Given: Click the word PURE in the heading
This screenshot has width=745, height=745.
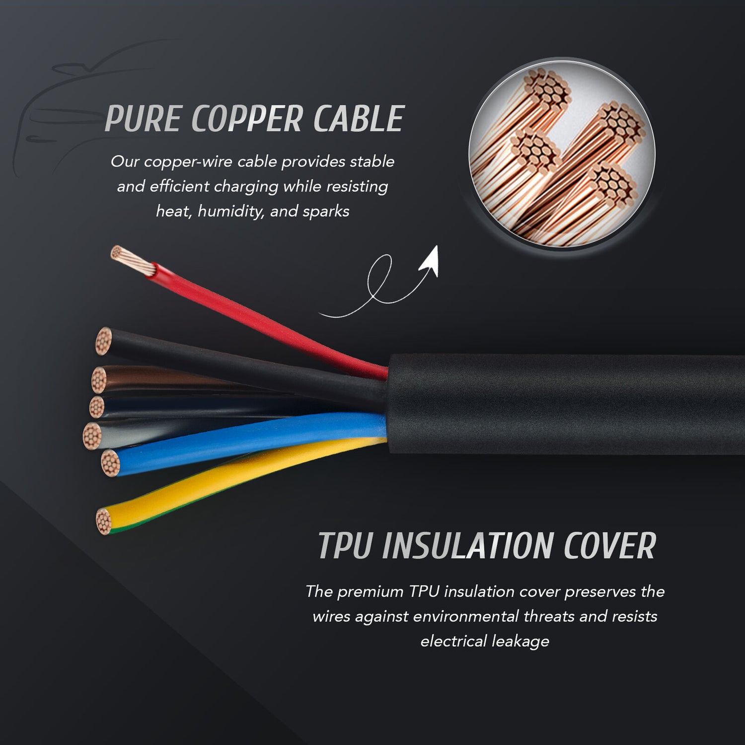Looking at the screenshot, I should pyautogui.click(x=143, y=119).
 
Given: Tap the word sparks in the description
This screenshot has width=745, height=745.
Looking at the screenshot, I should pyautogui.click(x=326, y=212).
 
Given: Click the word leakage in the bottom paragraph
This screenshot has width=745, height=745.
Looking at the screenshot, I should pyautogui.click(x=521, y=641).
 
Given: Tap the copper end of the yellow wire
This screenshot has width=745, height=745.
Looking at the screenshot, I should pyautogui.click(x=103, y=521).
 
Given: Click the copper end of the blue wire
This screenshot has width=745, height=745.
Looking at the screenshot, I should pyautogui.click(x=110, y=463).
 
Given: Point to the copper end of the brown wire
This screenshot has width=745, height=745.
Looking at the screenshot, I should pyautogui.click(x=99, y=380).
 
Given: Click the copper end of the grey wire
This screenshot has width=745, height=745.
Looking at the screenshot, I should pyautogui.click(x=91, y=436).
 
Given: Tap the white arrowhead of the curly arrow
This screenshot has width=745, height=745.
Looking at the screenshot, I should pyautogui.click(x=430, y=261).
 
